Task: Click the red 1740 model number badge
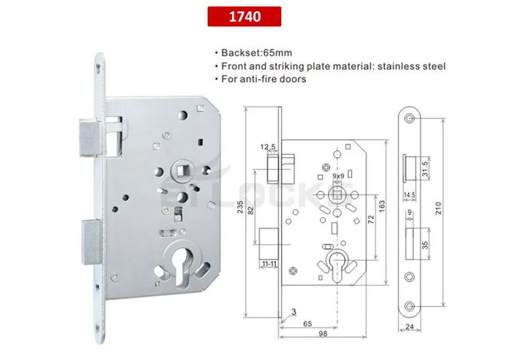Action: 244,16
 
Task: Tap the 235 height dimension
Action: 238,211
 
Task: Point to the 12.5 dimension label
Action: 268,147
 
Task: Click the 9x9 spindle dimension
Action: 338,176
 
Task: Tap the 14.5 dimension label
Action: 410,195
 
